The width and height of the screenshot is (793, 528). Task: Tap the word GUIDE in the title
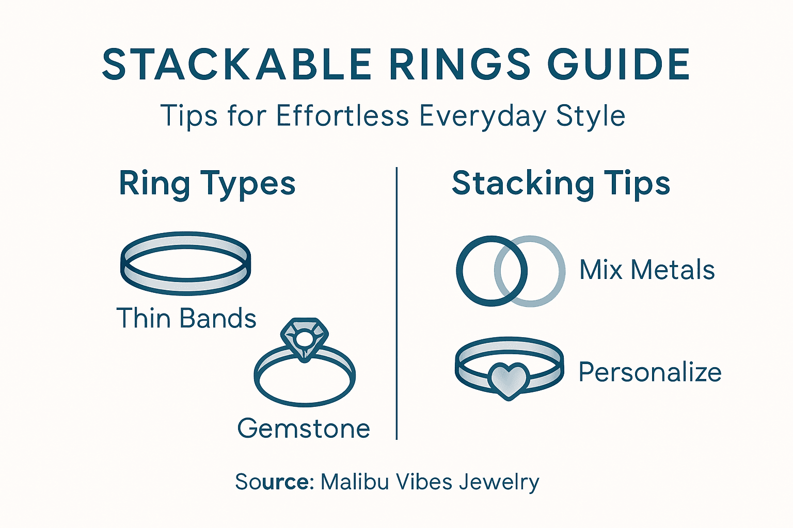tap(618, 65)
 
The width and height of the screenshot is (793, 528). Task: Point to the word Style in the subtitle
tap(591, 117)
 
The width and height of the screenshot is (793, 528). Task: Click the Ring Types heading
tap(207, 184)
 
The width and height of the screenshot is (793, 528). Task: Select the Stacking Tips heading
tap(561, 184)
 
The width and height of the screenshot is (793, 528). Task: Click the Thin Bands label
tap(186, 318)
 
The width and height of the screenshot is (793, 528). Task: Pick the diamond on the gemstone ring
tap(304, 338)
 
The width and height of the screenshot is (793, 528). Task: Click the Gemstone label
tap(304, 428)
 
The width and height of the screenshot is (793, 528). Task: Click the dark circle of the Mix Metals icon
tap(462, 271)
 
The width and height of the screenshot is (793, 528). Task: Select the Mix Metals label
tap(647, 270)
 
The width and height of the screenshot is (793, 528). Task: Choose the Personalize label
tap(650, 372)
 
